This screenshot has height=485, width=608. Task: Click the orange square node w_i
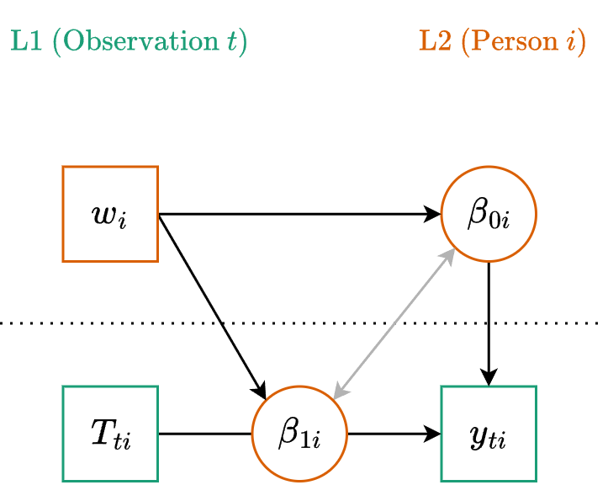point(110,214)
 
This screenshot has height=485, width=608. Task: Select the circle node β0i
point(489,214)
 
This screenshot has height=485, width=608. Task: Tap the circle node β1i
point(299,434)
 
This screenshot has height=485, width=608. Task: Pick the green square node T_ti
point(110,434)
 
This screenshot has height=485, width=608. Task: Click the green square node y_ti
point(489,434)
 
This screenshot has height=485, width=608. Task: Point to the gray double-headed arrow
point(394,324)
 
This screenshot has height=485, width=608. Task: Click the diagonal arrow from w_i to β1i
point(210,303)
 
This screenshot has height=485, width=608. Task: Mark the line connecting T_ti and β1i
point(204,434)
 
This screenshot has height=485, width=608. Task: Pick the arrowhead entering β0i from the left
point(434,214)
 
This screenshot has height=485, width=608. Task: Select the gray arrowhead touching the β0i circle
point(448,258)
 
